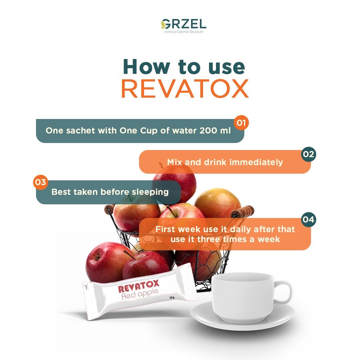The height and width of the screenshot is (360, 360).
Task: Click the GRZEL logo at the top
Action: [183, 24]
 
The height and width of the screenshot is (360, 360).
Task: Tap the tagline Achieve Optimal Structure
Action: [184, 32]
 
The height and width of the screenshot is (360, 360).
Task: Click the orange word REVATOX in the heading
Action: [185, 89]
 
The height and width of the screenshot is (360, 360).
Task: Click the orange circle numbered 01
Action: [241, 123]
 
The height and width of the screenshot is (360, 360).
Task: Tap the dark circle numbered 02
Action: [309, 154]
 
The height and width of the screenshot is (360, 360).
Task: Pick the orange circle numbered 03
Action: [41, 182]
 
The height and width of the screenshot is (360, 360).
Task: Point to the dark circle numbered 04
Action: [309, 219]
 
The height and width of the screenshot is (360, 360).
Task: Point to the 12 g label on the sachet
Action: [172, 298]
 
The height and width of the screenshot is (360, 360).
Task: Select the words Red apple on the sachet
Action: [140, 295]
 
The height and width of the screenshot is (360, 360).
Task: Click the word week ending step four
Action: [269, 239]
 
